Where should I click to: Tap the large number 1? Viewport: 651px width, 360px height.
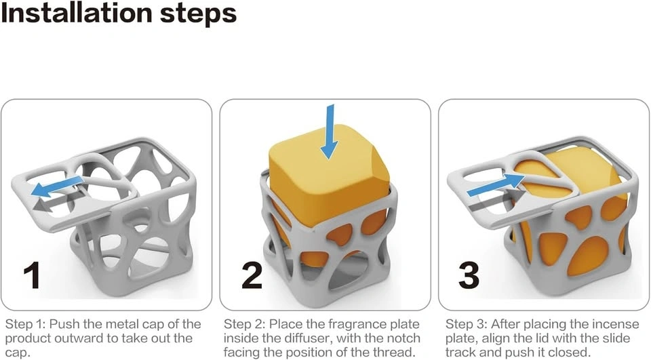tap(32, 275)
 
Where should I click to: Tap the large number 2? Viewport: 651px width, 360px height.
tap(252, 275)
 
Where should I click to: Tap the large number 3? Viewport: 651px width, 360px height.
tap(469, 275)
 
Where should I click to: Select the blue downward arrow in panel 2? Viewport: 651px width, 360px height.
tap(330, 132)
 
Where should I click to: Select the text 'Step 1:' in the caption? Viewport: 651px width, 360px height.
tap(25, 324)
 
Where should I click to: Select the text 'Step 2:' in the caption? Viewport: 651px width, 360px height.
tap(244, 324)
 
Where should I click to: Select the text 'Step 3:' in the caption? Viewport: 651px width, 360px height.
tap(466, 324)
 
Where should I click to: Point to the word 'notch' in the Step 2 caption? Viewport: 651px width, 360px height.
tap(403, 338)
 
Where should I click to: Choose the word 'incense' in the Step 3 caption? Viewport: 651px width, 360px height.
tap(616, 324)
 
